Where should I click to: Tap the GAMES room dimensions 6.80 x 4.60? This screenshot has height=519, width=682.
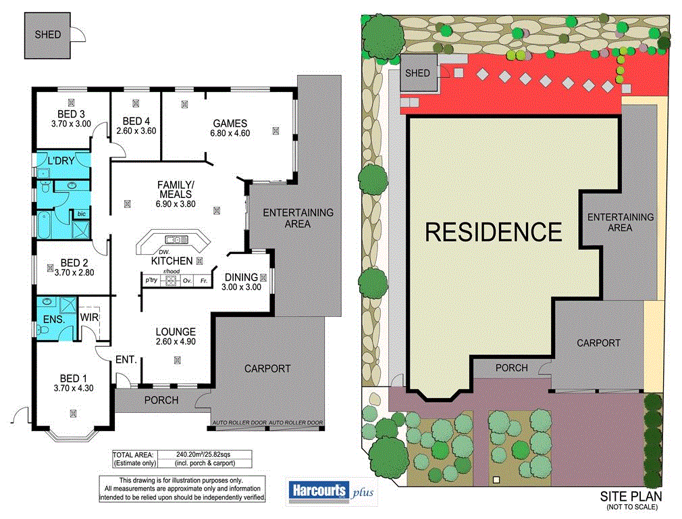pos(230,133)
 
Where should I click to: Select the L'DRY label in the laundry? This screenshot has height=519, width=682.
pos(61,161)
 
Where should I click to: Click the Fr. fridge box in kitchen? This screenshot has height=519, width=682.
pos(203,279)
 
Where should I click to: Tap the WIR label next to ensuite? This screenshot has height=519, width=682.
pos(90,316)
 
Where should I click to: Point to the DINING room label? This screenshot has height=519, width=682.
pos(241,277)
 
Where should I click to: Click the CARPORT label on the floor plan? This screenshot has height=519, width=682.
pos(267,368)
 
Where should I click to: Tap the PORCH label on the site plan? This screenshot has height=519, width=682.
pos(510,368)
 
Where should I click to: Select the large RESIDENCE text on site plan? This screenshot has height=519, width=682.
pos(493,232)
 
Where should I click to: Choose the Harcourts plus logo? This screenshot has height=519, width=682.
pos(331,491)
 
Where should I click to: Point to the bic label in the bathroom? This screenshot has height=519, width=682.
pos(82,214)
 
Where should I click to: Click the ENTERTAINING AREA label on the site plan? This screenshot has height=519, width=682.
pos(620,222)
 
